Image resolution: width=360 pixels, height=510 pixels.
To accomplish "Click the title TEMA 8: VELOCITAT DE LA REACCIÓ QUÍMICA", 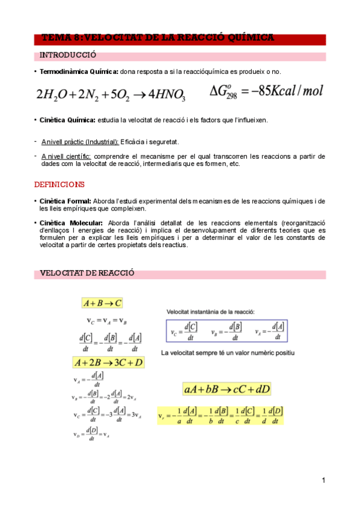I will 158,38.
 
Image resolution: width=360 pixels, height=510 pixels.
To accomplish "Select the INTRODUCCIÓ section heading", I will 67,56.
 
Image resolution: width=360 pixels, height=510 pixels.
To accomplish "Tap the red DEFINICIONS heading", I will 59,184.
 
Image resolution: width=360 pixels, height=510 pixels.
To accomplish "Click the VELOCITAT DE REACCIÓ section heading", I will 87,274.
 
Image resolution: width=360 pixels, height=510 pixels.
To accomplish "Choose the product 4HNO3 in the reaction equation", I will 167,95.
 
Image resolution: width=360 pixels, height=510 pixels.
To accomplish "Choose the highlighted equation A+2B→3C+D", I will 108,362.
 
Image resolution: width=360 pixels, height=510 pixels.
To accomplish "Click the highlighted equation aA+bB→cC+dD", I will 227,389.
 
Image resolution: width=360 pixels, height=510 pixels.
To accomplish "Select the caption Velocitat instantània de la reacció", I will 210,312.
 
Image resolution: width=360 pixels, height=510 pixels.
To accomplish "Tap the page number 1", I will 323,480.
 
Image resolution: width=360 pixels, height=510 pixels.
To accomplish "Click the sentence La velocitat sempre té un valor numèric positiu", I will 228,352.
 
